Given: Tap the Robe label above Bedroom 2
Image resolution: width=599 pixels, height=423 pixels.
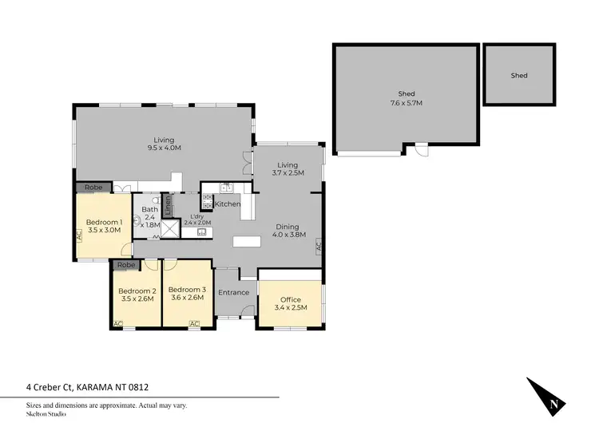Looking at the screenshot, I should point(125,265).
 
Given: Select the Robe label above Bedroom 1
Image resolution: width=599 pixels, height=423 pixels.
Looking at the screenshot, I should point(94,187).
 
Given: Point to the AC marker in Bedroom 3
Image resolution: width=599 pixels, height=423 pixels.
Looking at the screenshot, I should point(193,323).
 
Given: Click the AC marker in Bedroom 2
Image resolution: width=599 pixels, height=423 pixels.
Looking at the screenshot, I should point(118,323).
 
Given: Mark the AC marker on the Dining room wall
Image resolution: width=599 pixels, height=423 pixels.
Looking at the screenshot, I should point(318,247).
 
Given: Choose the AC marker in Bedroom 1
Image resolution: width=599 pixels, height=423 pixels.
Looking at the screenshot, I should point(78,235).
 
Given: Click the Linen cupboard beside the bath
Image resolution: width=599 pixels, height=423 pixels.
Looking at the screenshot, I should point(168,205).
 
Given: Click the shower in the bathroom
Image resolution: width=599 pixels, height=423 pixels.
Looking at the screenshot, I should point(170,228).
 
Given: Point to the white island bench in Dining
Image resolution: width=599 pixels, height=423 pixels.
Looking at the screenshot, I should point(247,241).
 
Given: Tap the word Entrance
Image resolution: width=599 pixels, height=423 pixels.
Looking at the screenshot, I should point(234,292).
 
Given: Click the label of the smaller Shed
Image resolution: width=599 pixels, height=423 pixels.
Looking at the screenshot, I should point(519,76).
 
